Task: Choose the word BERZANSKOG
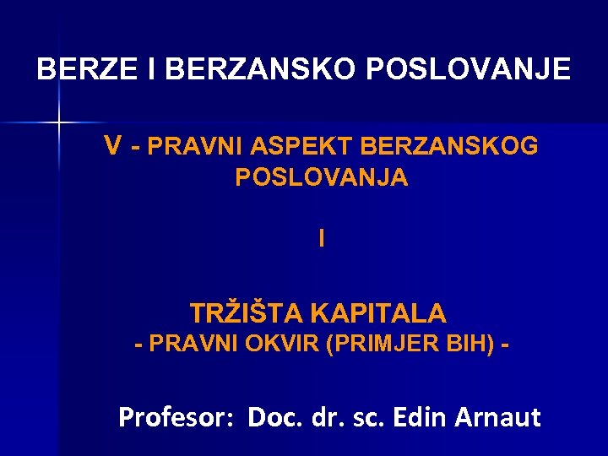point(448,147)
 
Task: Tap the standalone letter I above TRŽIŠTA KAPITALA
point(321,239)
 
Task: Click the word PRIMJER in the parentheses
point(371,345)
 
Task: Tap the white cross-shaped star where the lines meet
point(58,122)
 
